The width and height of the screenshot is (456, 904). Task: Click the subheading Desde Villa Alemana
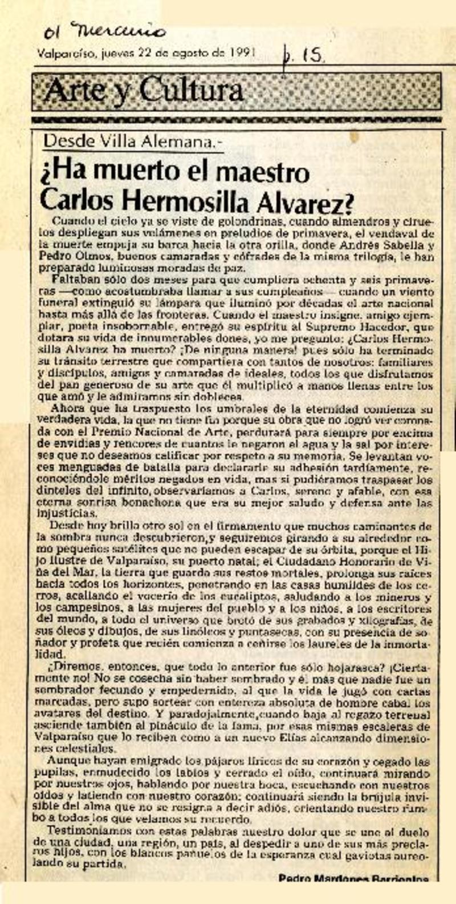pyautogui.click(x=132, y=141)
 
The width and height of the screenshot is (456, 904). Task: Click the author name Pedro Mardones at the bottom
pyautogui.click(x=325, y=879)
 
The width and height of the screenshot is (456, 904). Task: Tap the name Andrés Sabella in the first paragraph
pyautogui.click(x=392, y=247)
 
